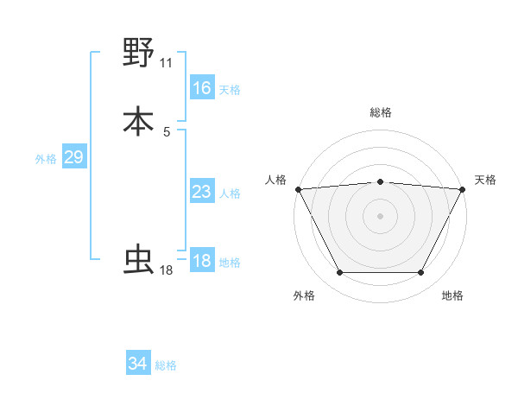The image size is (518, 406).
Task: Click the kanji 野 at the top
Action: coord(138,54)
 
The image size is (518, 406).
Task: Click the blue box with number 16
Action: coord(202,88)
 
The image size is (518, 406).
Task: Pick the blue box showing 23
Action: coord(202,192)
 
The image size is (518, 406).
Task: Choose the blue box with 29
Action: coord(73,157)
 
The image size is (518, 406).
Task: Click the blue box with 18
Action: coord(202,261)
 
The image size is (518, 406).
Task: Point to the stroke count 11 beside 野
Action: coord(167,63)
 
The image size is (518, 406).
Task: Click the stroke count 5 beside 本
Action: coord(167,131)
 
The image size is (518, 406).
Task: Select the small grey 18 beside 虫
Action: coord(167,270)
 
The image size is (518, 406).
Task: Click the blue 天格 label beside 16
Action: coord(230,90)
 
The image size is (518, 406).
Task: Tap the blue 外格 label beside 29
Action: coord(46,159)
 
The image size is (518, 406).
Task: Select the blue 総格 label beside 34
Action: coord(166,365)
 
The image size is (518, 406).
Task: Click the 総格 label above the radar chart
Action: coord(381,112)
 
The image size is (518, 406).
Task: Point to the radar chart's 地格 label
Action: coord(452,296)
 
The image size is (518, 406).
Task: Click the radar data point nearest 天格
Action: coord(462,188)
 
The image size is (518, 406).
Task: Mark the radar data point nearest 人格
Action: coord(298,188)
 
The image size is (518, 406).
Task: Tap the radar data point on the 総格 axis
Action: coord(380,181)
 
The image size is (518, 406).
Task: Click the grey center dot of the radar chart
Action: coord(380,215)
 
